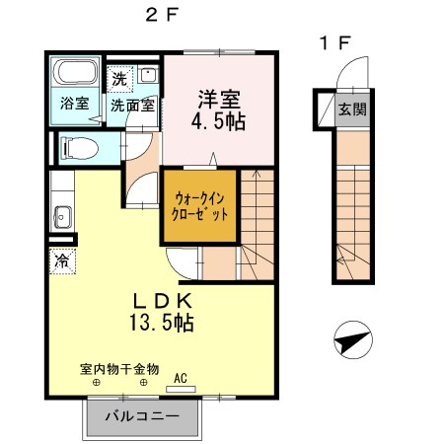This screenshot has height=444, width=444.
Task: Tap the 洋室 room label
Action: (219, 100)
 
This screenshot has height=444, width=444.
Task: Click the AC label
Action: (181, 376)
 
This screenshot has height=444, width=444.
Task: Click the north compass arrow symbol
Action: (348, 342)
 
